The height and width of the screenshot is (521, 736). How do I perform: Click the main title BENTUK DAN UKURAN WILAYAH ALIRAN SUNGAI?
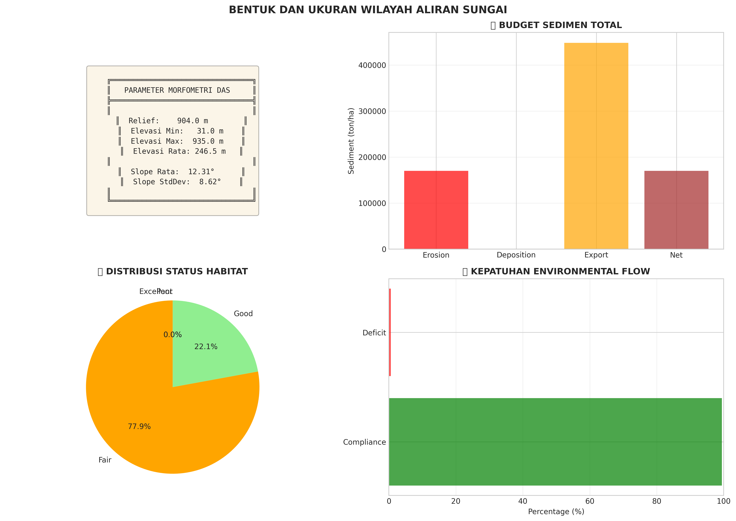[368, 10]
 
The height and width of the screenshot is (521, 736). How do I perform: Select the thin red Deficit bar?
[390, 332]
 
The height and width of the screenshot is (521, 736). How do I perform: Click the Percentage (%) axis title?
[556, 511]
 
